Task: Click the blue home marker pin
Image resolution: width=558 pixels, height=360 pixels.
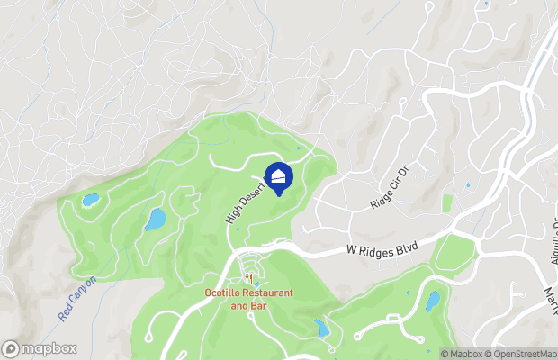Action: click(280, 176)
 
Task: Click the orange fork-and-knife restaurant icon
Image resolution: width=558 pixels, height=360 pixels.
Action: click(247, 279)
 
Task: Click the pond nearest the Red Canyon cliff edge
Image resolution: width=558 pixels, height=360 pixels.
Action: click(91, 200)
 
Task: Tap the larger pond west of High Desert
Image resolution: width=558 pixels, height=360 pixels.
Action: click(156, 219)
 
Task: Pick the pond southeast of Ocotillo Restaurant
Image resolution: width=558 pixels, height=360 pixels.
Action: click(322, 328)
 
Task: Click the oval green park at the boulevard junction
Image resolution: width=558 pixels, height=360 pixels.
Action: click(454, 255)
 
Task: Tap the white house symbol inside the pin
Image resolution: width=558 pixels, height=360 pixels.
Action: click(280, 175)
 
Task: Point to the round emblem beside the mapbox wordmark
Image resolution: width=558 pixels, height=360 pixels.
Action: click(12, 348)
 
